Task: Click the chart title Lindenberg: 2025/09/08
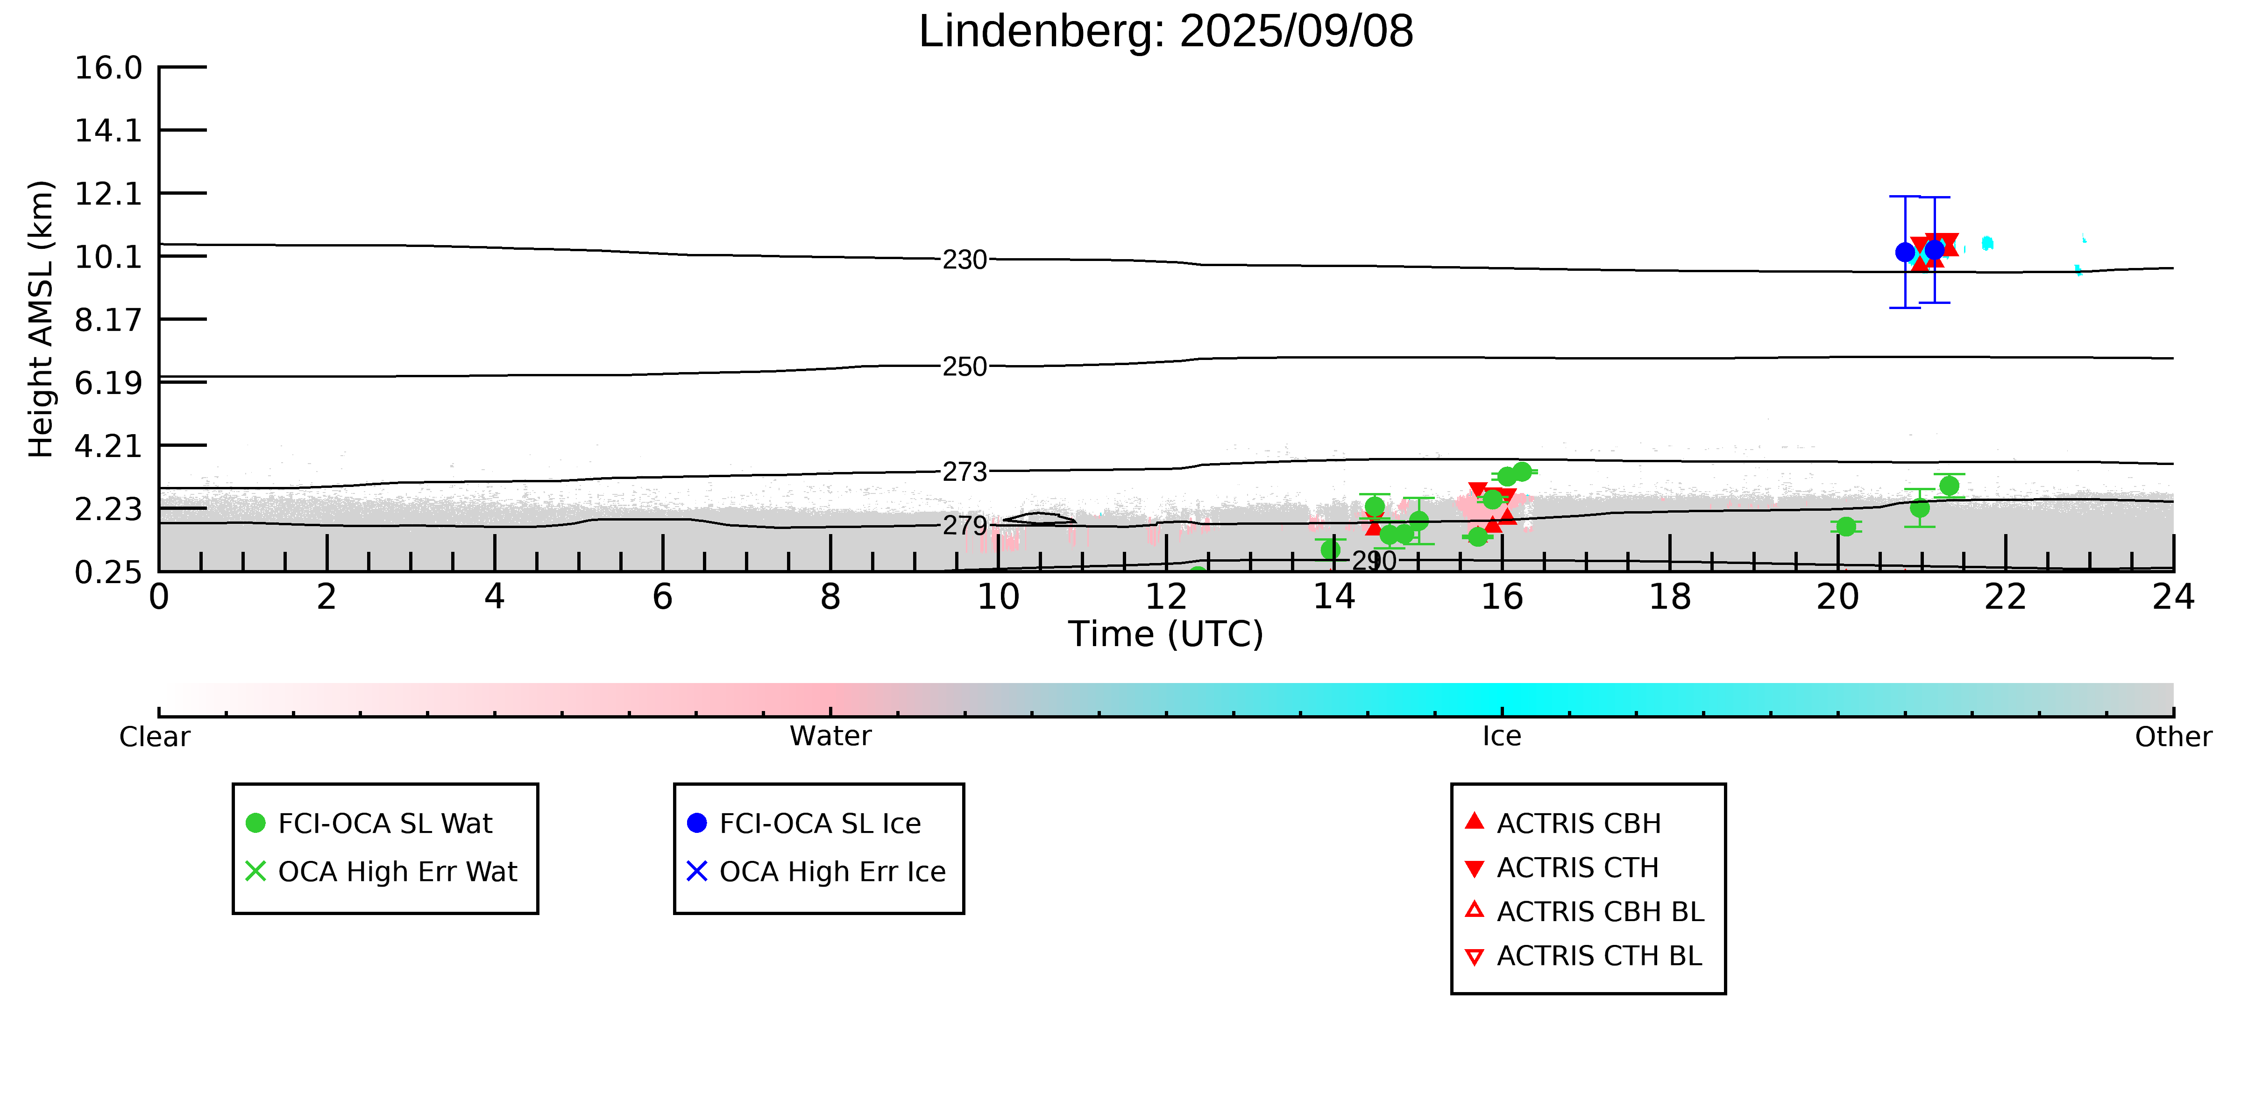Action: coord(1166,31)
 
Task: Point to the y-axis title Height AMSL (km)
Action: coord(41,319)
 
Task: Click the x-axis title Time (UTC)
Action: coord(1166,634)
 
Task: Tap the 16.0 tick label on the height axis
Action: coord(108,67)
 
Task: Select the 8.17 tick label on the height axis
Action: coord(108,320)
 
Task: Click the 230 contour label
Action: coord(965,260)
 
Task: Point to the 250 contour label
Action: coord(965,367)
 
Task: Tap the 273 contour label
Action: coord(965,472)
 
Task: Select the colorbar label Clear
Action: coord(155,737)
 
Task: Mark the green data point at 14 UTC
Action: coord(1330,549)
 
